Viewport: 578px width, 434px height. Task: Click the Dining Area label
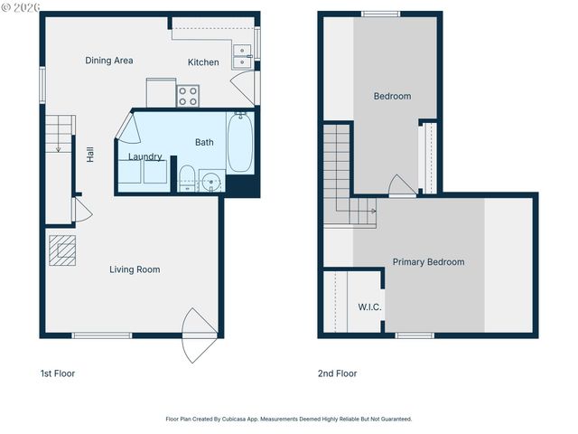[x=109, y=61]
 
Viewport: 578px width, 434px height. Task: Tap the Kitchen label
[x=203, y=62]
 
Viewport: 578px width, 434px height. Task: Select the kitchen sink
[x=242, y=56]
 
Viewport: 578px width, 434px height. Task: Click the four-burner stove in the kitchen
[x=188, y=95]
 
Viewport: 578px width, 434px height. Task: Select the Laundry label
[x=144, y=156]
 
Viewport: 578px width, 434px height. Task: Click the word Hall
[x=90, y=155]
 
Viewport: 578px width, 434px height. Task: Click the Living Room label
[x=135, y=269]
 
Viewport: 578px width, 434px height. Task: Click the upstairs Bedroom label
[x=392, y=97]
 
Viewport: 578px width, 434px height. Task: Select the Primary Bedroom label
[x=428, y=262]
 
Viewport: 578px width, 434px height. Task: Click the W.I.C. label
[x=369, y=307]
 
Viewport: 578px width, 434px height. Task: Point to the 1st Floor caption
[x=58, y=373]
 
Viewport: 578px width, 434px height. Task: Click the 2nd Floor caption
[x=337, y=373]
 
